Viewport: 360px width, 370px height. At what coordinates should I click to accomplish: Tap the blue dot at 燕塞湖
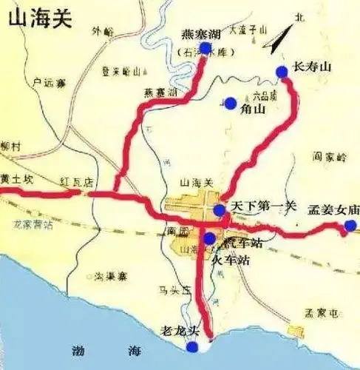(x=206, y=47)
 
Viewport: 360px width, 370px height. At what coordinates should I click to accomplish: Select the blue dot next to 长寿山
(x=282, y=71)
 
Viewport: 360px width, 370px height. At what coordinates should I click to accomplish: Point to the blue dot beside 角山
(x=231, y=103)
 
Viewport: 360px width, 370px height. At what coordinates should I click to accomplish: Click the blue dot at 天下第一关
(x=220, y=210)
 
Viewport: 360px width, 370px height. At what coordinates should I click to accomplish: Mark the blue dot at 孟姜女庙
(x=350, y=225)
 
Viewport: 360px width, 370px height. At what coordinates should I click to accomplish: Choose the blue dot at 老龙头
(x=192, y=346)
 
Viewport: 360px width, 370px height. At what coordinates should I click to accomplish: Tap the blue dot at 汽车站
(x=210, y=238)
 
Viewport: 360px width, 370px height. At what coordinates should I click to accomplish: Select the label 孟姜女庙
(x=333, y=209)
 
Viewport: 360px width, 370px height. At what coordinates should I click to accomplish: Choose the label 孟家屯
(x=323, y=314)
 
